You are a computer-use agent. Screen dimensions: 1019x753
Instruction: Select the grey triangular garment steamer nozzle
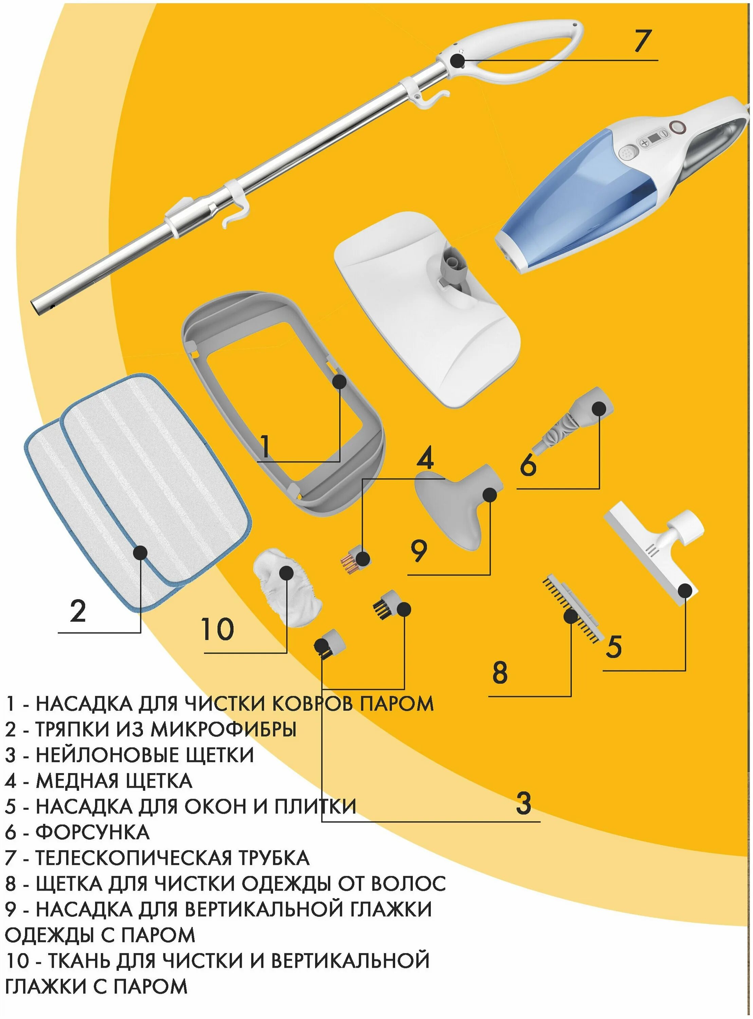[456, 506]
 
